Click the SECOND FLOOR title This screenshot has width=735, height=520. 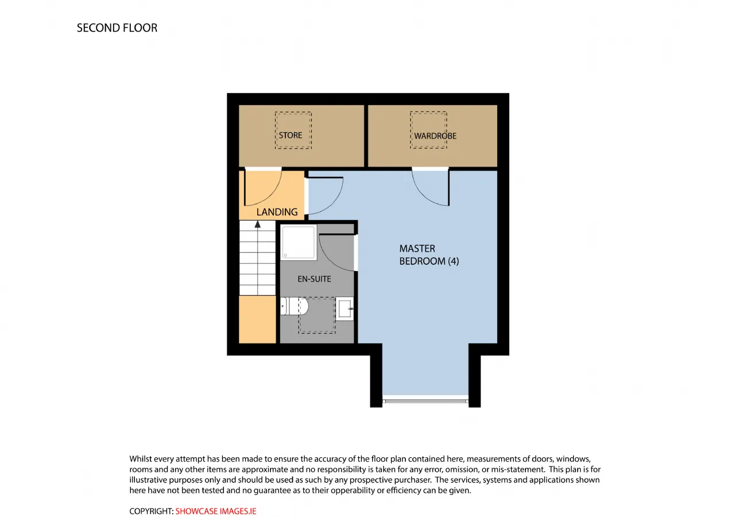tap(117, 28)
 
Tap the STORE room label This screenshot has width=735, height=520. tap(291, 135)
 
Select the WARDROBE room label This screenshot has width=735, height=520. tap(435, 136)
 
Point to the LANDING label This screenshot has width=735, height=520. tap(277, 212)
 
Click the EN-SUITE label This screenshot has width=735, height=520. tap(314, 279)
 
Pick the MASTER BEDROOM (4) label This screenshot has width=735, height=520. tap(429, 255)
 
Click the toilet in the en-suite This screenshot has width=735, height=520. tap(295, 306)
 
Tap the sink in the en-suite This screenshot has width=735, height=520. tap(345, 309)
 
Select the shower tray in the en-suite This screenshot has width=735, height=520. tap(299, 242)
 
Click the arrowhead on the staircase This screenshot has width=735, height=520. tap(258, 224)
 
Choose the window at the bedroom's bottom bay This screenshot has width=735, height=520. tap(425, 401)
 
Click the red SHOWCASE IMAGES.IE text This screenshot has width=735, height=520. tap(216, 511)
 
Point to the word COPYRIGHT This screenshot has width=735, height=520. tap(151, 511)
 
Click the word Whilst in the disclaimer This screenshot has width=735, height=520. tap(141, 459)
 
